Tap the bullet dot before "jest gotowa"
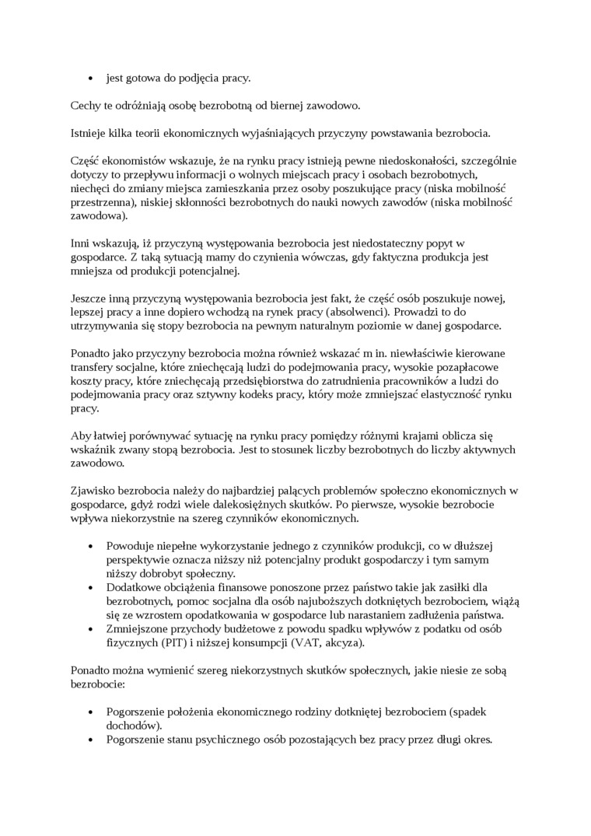tap(91, 78)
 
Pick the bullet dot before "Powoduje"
tap(91, 546)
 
